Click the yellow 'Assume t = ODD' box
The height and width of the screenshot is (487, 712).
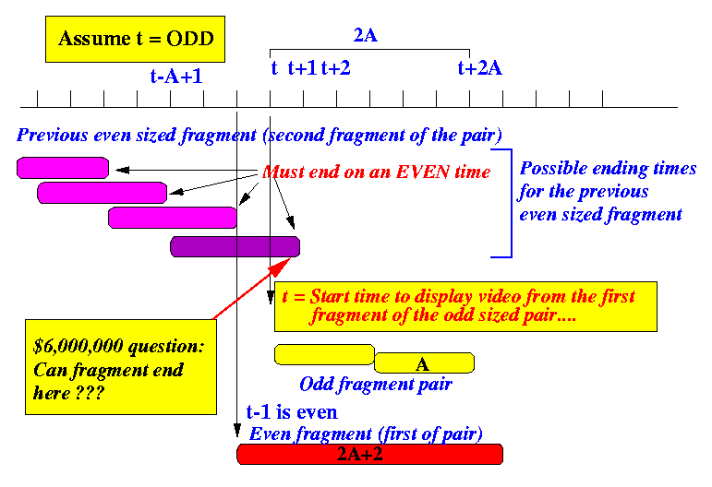coord(135,39)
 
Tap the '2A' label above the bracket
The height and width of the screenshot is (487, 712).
coord(366,35)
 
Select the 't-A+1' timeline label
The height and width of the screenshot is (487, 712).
coord(176,77)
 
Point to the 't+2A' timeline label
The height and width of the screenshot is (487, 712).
coord(480,68)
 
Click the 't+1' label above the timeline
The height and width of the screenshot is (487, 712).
coord(302,68)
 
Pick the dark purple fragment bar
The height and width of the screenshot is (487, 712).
coord(235,246)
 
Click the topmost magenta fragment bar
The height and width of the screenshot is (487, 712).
coord(63,168)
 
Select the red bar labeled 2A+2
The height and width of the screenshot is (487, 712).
coord(370,455)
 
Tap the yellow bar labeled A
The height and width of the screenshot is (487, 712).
coord(424,362)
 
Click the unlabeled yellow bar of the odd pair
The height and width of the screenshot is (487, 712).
coord(324,354)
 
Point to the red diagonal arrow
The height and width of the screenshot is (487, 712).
coord(251,289)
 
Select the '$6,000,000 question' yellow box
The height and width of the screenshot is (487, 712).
coord(121,367)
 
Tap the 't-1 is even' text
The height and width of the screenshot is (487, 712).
coord(292,412)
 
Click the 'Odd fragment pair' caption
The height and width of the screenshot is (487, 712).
coord(376,385)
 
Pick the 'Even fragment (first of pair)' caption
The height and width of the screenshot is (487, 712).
coord(366,434)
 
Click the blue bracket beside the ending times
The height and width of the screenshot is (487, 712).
coord(512,203)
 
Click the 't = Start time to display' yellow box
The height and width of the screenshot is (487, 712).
coord(465,306)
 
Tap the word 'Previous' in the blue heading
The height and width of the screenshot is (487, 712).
coord(53,136)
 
